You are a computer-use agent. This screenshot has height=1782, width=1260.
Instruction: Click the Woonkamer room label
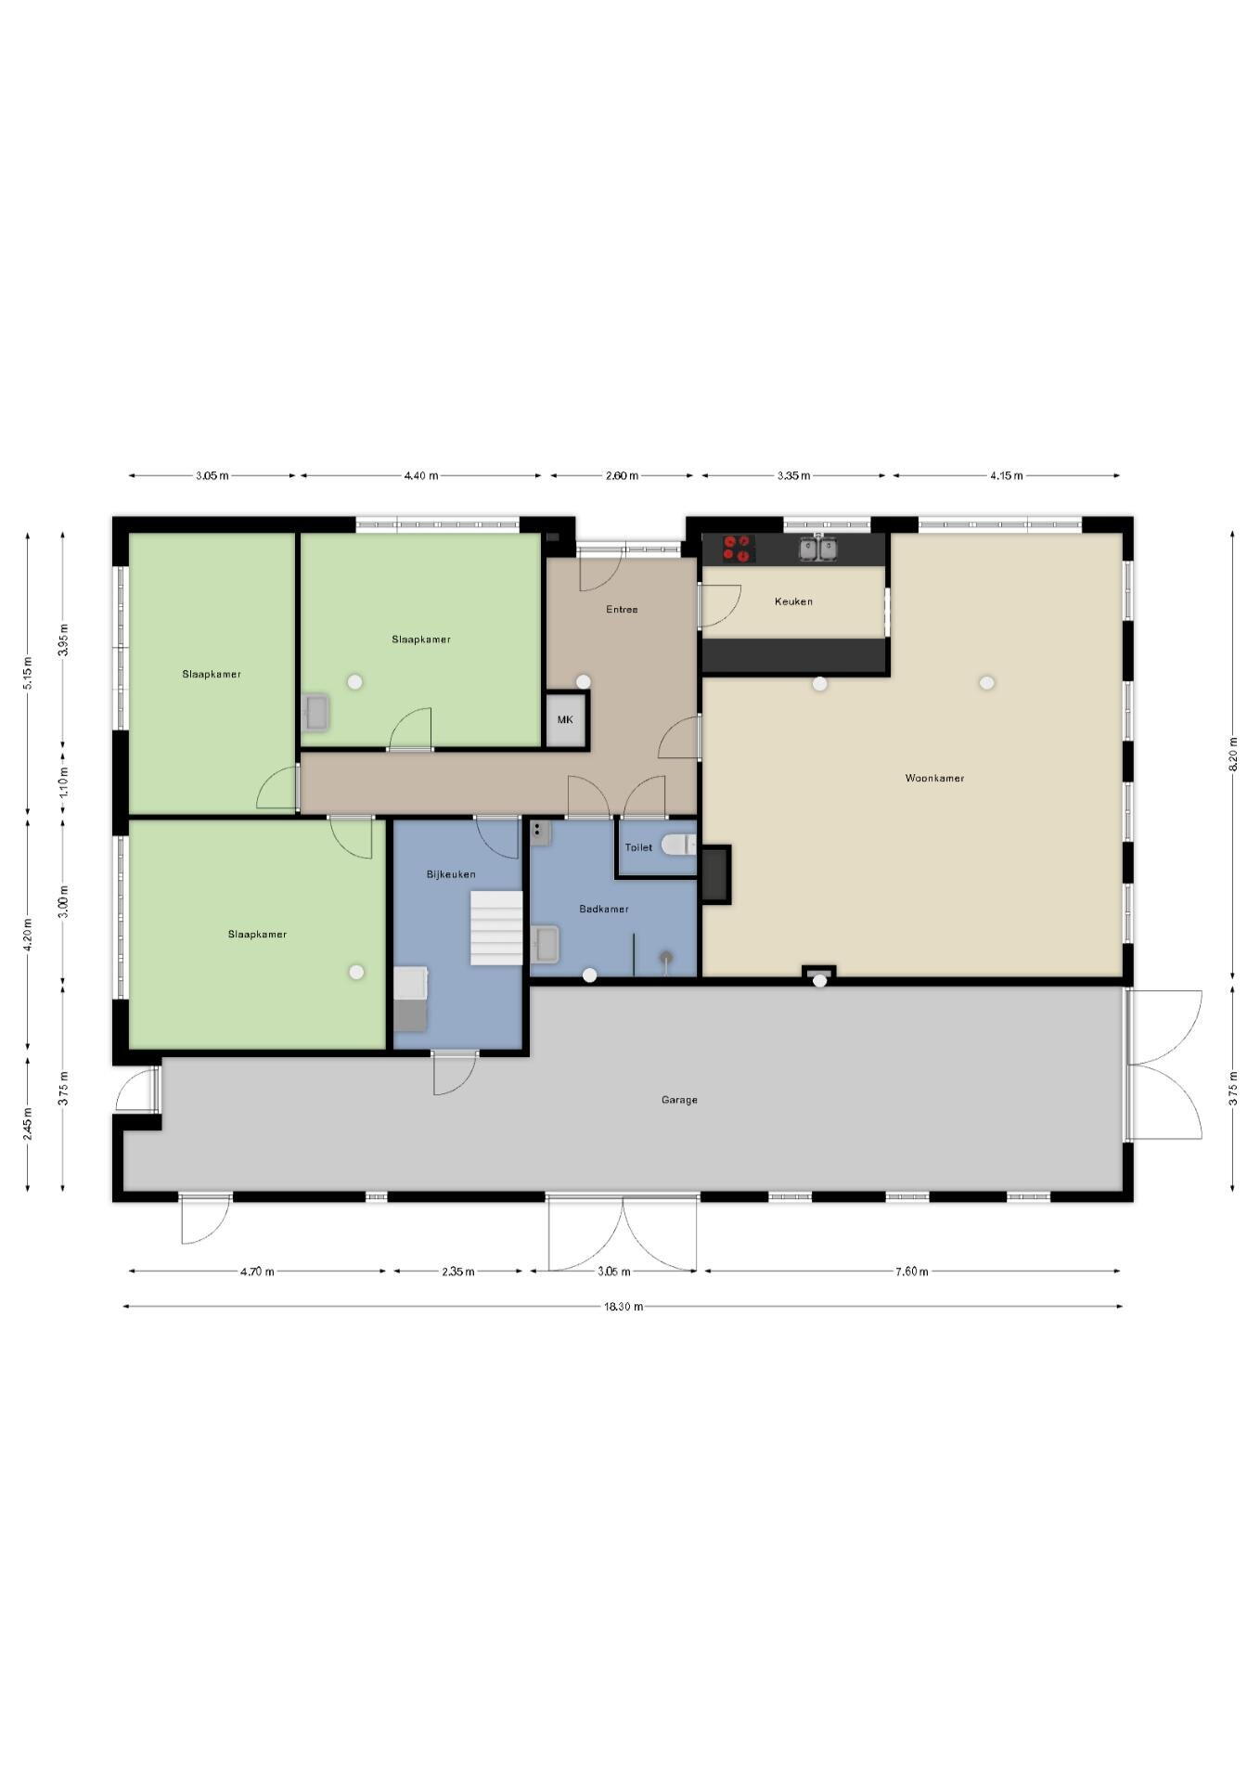click(934, 778)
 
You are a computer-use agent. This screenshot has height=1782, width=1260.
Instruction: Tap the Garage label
click(679, 1100)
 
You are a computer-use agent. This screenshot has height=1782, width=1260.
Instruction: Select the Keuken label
click(793, 601)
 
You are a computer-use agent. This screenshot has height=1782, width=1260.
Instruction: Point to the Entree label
click(622, 610)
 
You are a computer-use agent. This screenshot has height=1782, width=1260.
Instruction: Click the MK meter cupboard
click(565, 720)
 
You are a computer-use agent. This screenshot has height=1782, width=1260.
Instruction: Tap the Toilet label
click(638, 847)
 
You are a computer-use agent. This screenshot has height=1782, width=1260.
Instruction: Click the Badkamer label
click(604, 909)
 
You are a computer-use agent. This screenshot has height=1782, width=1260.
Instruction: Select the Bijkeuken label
click(451, 874)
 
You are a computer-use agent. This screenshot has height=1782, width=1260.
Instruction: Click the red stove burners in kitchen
click(739, 549)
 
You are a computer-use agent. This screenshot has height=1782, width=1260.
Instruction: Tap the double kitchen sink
click(818, 549)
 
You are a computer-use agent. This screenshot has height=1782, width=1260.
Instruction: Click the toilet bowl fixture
click(680, 845)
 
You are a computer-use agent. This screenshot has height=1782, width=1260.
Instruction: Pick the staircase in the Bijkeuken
click(496, 928)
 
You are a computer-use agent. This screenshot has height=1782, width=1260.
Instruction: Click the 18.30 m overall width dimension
click(623, 1307)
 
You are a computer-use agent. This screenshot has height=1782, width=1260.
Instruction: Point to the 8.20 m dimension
click(1233, 755)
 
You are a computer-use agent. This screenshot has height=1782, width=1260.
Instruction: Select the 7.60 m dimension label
click(911, 1272)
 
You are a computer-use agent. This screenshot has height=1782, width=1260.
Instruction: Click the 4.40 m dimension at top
click(420, 476)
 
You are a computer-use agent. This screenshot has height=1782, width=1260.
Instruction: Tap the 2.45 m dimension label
click(28, 1124)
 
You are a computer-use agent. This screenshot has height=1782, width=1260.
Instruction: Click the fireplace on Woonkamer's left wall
click(715, 874)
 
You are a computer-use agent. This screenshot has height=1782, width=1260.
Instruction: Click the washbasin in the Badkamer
click(545, 944)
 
